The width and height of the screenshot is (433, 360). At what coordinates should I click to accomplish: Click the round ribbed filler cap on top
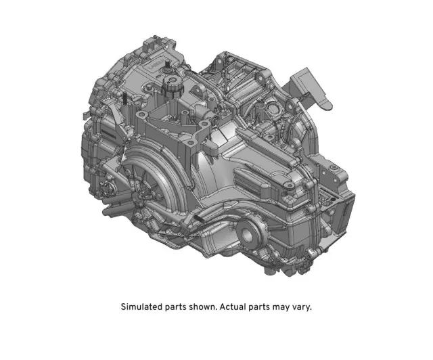tap(173, 85)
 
